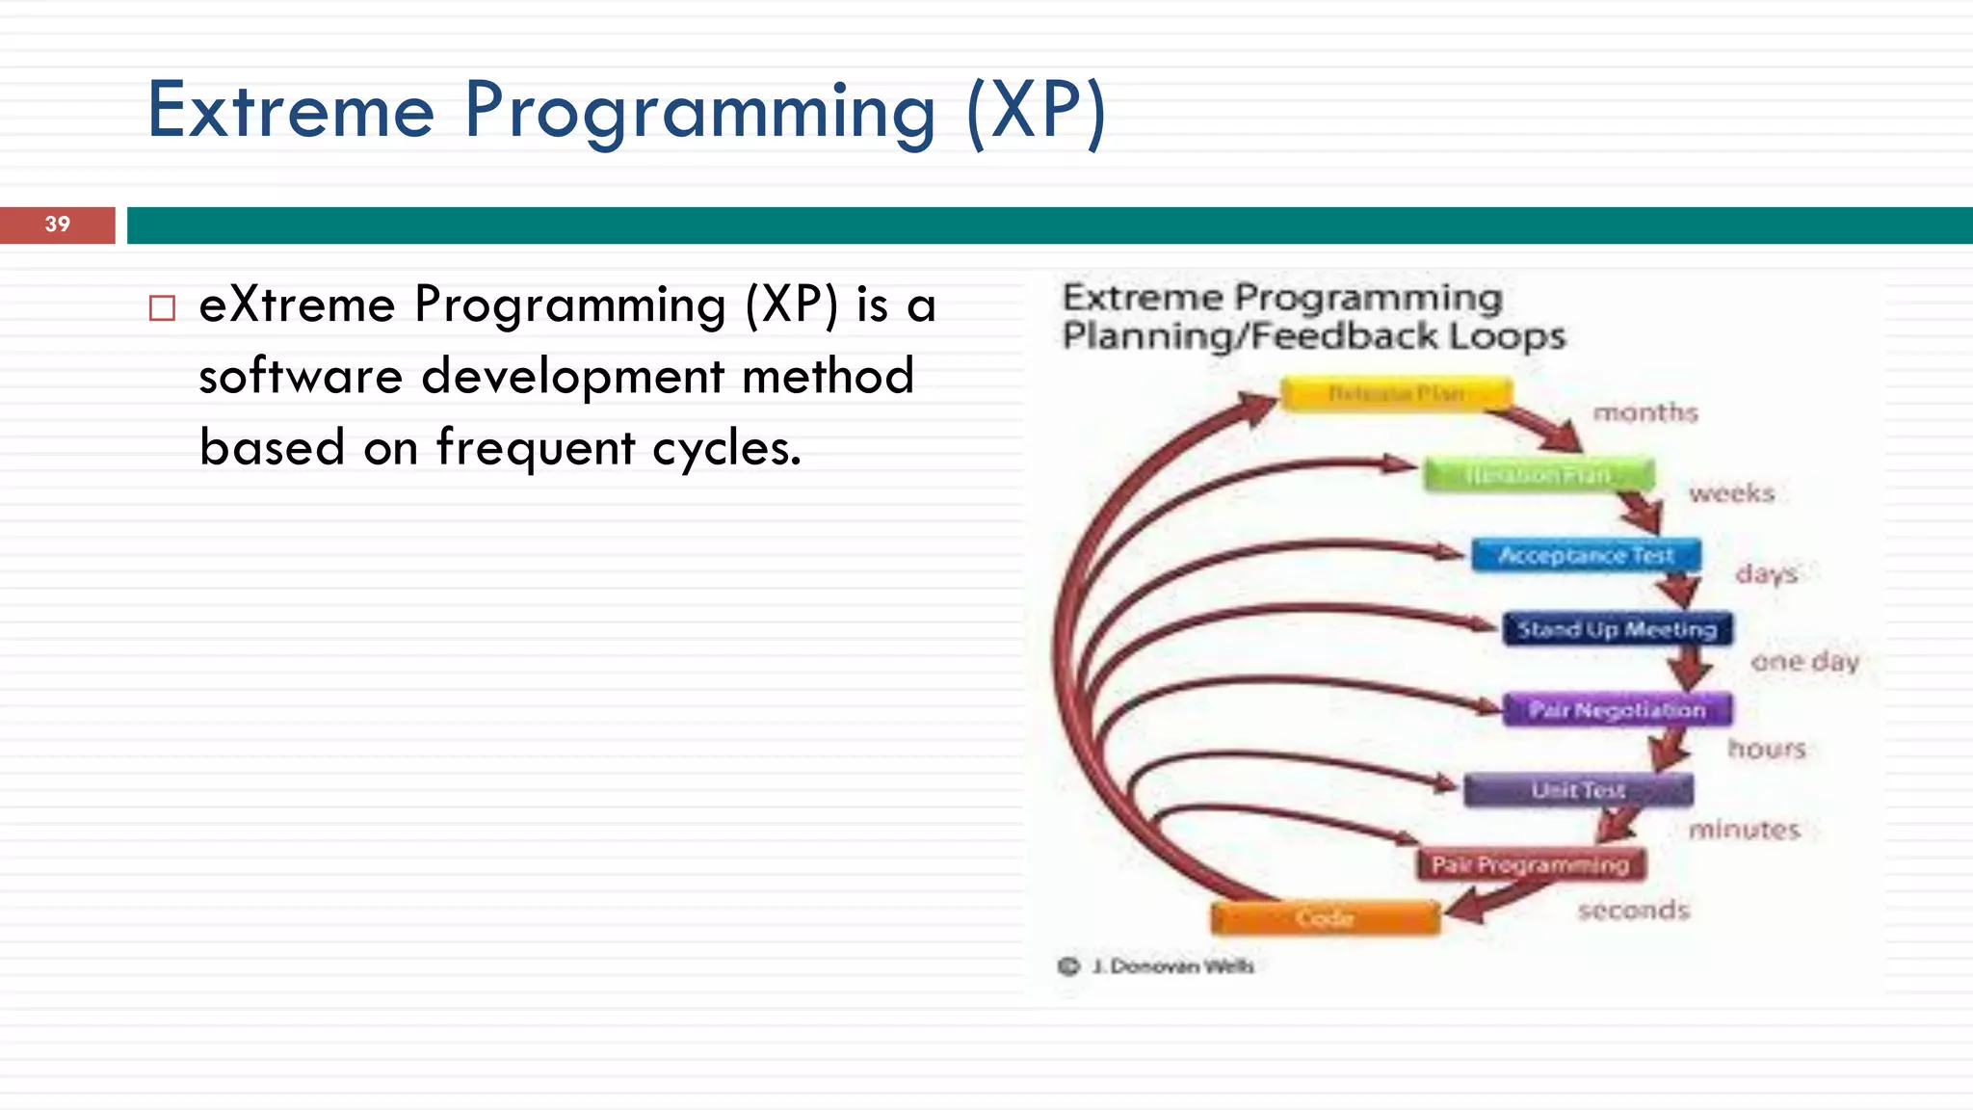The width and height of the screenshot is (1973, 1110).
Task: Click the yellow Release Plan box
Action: pyautogui.click(x=1396, y=394)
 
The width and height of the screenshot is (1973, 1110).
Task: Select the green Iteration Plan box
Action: pyautogui.click(x=1539, y=475)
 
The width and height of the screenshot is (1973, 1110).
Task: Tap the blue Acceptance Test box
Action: pyautogui.click(x=1586, y=556)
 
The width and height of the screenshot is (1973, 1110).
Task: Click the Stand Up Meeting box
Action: pyautogui.click(x=1618, y=629)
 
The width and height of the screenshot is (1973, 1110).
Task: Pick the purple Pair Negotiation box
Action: pyautogui.click(x=1618, y=710)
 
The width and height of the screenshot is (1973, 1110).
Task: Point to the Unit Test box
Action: pyautogui.click(x=1578, y=790)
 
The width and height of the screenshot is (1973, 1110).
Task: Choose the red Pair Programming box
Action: pyautogui.click(x=1530, y=864)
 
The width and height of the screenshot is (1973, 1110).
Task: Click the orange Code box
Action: pyautogui.click(x=1326, y=918)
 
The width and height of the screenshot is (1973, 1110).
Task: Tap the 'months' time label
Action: pyautogui.click(x=1644, y=412)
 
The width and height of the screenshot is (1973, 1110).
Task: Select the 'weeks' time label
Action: pyautogui.click(x=1731, y=493)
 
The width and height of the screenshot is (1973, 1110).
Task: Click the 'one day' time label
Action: pyautogui.click(x=1804, y=662)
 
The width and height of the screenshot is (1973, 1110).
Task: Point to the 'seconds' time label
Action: pyautogui.click(x=1634, y=910)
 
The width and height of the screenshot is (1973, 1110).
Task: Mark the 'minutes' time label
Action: pyautogui.click(x=1744, y=830)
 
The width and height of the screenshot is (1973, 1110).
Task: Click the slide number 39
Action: pyautogui.click(x=58, y=225)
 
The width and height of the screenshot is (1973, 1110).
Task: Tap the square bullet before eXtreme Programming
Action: pyautogui.click(x=163, y=308)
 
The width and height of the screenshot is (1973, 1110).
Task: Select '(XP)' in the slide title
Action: pyautogui.click(x=1037, y=112)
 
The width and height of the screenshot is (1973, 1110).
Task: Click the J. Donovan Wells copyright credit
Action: pyautogui.click(x=1171, y=966)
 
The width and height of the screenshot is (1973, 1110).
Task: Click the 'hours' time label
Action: pyautogui.click(x=1766, y=749)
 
